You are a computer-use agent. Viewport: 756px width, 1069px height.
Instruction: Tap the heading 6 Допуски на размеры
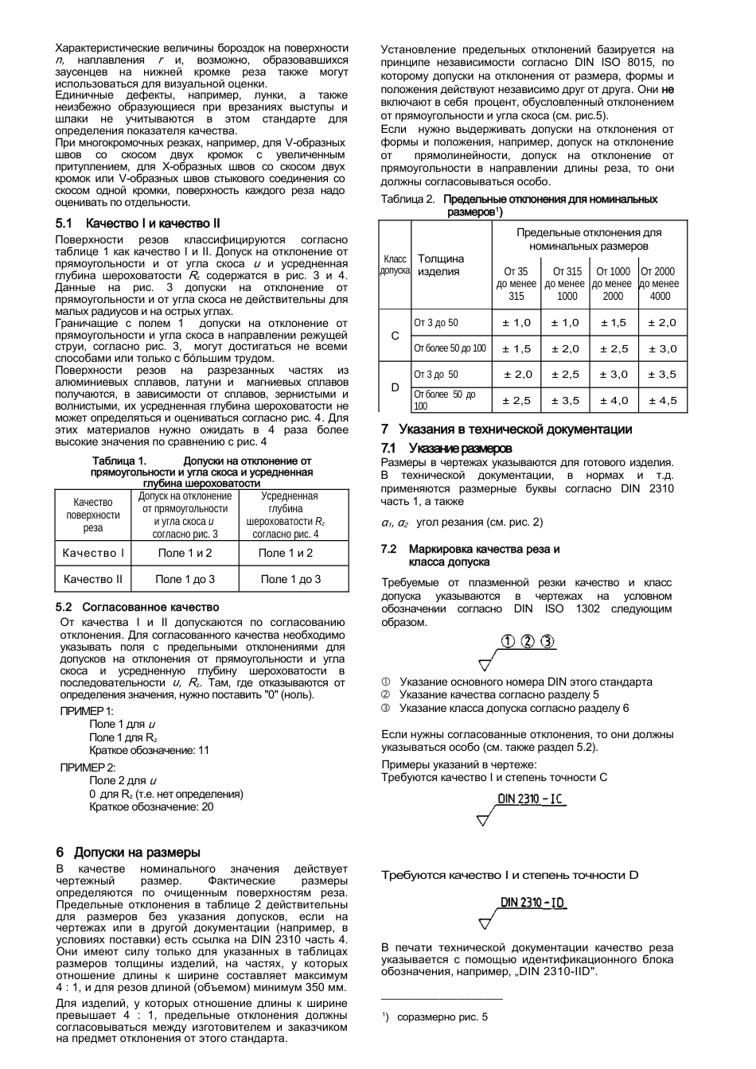pyautogui.click(x=128, y=852)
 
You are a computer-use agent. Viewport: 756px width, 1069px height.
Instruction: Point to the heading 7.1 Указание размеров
pyautogui.click(x=446, y=449)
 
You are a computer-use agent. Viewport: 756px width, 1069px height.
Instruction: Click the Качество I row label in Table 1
pyautogui.click(x=93, y=553)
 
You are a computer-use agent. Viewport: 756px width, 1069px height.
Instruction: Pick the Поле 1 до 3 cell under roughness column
pyautogui.click(x=290, y=579)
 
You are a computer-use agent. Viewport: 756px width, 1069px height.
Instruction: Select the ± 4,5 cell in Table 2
pyautogui.click(x=662, y=400)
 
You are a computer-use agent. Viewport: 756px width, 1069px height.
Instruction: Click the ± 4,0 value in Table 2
pyautogui.click(x=614, y=400)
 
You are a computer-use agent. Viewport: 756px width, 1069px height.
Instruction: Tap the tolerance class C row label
pyautogui.click(x=395, y=336)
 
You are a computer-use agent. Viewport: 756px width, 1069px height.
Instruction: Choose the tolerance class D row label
pyautogui.click(x=395, y=387)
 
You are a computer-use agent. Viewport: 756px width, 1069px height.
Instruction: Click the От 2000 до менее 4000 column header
pyautogui.click(x=659, y=283)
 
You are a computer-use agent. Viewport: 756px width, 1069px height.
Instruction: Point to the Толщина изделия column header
pyautogui.click(x=441, y=265)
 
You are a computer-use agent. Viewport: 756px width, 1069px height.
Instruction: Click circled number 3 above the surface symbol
pyautogui.click(x=548, y=643)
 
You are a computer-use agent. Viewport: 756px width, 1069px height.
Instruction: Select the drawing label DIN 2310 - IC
pyautogui.click(x=532, y=799)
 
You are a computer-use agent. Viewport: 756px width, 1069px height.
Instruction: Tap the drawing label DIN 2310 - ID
pyautogui.click(x=533, y=903)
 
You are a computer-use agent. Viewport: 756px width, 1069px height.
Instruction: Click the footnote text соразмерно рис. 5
pyautogui.click(x=442, y=1017)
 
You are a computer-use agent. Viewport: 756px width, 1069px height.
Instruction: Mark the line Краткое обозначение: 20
pyautogui.click(x=151, y=807)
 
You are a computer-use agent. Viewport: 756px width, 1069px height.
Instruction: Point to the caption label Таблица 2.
pyautogui.click(x=407, y=199)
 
